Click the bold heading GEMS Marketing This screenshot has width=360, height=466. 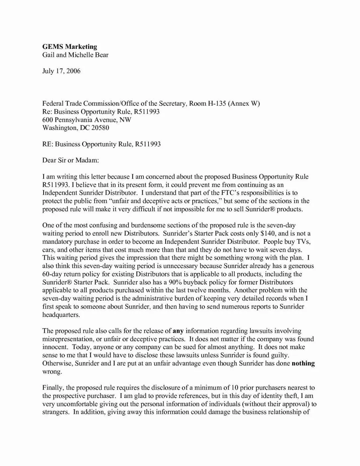tap(70, 47)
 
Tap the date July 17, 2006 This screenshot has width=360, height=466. tap(61, 71)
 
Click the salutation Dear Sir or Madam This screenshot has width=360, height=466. tap(71, 160)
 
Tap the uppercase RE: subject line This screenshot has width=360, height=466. tap(101, 144)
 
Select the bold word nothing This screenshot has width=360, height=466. tap(303, 363)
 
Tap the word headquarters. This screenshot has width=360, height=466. tap(61, 315)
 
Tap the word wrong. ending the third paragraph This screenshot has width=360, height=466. tap(52, 372)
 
